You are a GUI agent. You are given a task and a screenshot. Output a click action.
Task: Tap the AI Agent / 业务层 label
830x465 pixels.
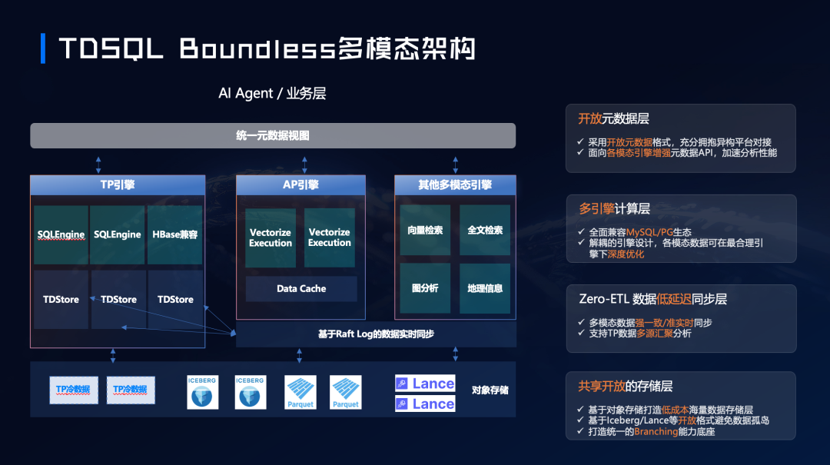pos(272,93)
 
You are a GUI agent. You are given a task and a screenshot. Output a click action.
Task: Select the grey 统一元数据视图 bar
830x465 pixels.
pos(273,135)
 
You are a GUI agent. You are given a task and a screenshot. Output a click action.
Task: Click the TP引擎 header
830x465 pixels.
pos(118,184)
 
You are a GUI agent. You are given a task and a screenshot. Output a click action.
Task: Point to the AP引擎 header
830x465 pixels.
pos(300,184)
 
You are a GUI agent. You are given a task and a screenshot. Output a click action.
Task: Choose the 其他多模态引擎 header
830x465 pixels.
pos(455,184)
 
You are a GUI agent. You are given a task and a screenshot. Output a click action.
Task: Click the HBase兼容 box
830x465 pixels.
pos(174,234)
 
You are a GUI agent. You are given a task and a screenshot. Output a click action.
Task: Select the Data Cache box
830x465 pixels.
pos(301,288)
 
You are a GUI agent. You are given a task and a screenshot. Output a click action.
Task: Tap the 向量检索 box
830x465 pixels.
pos(425,230)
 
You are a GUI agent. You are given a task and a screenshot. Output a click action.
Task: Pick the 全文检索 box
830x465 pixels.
pos(485,230)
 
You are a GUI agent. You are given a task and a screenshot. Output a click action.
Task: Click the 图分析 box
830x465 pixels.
pos(425,288)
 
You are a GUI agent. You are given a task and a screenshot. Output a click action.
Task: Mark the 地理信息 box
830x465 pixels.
pos(485,288)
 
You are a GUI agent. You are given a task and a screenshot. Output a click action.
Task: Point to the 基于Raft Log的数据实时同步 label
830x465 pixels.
pos(376,334)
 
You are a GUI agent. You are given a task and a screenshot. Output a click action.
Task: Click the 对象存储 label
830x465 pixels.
pos(490,390)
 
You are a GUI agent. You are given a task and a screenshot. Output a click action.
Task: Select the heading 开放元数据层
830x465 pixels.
pos(613,119)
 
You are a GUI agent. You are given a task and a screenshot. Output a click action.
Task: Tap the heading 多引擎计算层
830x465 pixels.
pos(614,209)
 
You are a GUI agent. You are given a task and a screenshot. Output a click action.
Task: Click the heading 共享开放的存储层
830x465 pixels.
pos(626,386)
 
